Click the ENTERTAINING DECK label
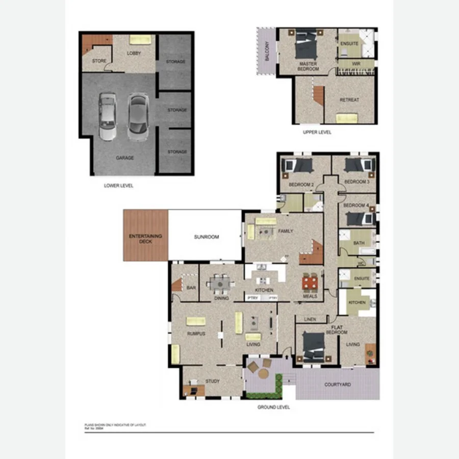click(145, 238)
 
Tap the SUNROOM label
click(206, 237)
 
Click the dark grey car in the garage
click(137, 116)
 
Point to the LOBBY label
click(134, 53)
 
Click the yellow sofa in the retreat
click(347, 118)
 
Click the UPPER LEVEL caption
click(317, 132)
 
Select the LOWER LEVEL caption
click(118, 186)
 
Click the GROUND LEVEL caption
click(274, 407)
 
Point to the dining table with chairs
click(221, 282)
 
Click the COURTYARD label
click(338, 385)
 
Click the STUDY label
click(212, 381)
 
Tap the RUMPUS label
click(196, 334)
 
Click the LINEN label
click(310, 320)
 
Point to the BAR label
click(191, 288)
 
